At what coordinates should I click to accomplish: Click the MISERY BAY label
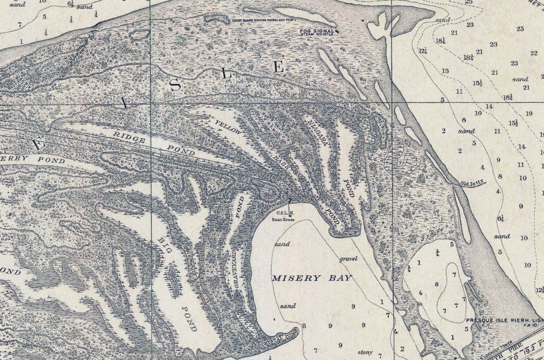click(312, 278)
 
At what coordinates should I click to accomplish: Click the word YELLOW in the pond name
click(228, 127)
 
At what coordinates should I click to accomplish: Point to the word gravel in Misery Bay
click(349, 259)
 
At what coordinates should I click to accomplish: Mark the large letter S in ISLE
click(175, 84)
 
